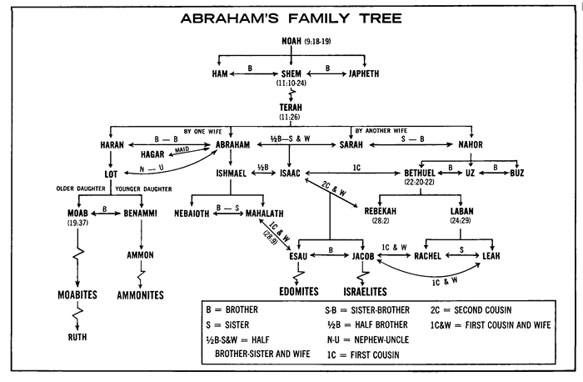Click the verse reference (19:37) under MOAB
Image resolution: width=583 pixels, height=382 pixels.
click(x=77, y=224)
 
